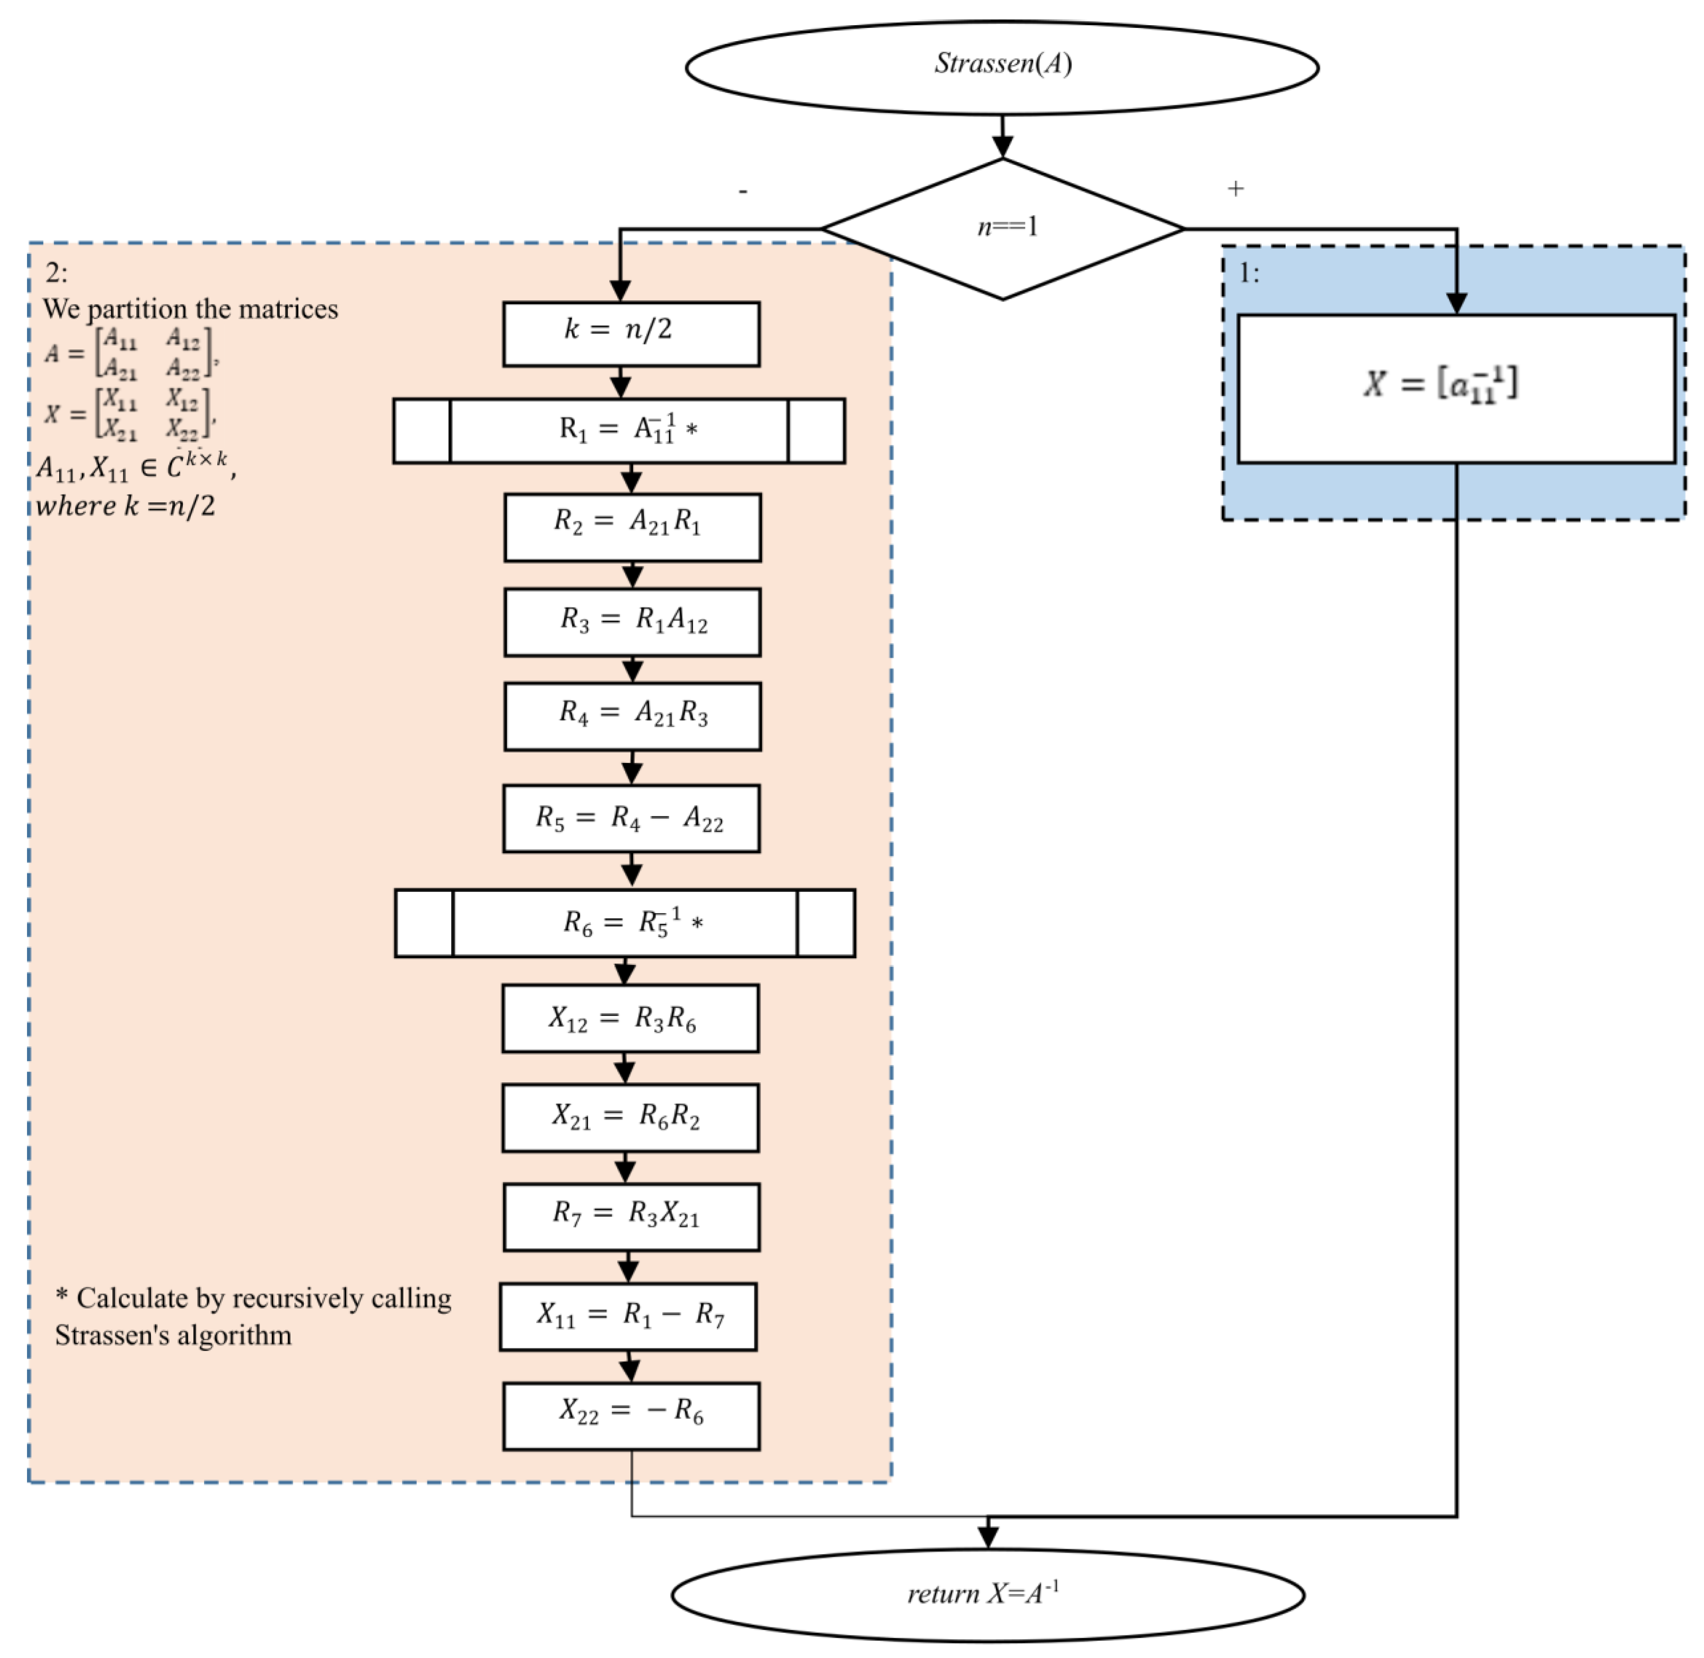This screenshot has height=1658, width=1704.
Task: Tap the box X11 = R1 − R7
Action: click(x=628, y=1316)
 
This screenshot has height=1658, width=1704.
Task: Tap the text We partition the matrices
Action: click(x=190, y=309)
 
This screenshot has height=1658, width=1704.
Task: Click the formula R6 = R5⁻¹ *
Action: click(x=632, y=922)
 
